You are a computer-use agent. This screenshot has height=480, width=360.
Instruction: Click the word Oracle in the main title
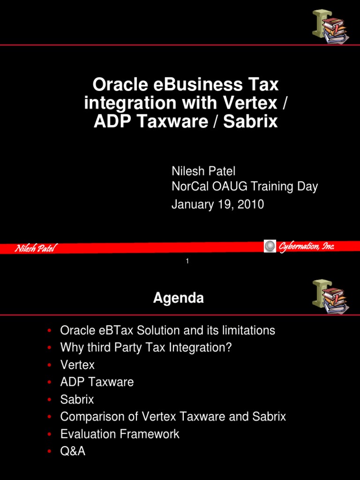[x=117, y=85]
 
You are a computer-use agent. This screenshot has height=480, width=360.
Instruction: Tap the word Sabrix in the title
[x=250, y=121]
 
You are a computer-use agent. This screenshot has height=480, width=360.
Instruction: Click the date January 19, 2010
[x=217, y=204]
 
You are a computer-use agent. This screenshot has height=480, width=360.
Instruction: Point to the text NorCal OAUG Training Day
[x=244, y=187]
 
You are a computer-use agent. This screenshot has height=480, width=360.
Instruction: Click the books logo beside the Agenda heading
[x=330, y=296]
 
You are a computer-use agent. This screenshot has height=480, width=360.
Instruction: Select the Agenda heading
[x=179, y=298]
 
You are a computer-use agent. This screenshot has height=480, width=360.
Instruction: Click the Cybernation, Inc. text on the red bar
[x=307, y=247]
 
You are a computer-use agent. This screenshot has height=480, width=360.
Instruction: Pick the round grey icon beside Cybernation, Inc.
[x=270, y=246]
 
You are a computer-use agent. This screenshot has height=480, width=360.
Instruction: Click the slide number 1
[x=187, y=261]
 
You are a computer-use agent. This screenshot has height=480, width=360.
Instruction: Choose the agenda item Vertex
[x=77, y=365]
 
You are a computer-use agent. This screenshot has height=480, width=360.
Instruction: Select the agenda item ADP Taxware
[x=97, y=382]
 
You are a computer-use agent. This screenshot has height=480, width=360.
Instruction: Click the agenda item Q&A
[x=73, y=451]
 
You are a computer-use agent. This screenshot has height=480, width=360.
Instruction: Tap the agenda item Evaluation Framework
[x=120, y=434]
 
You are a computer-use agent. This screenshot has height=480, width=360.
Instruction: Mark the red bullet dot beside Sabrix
[x=49, y=400]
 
